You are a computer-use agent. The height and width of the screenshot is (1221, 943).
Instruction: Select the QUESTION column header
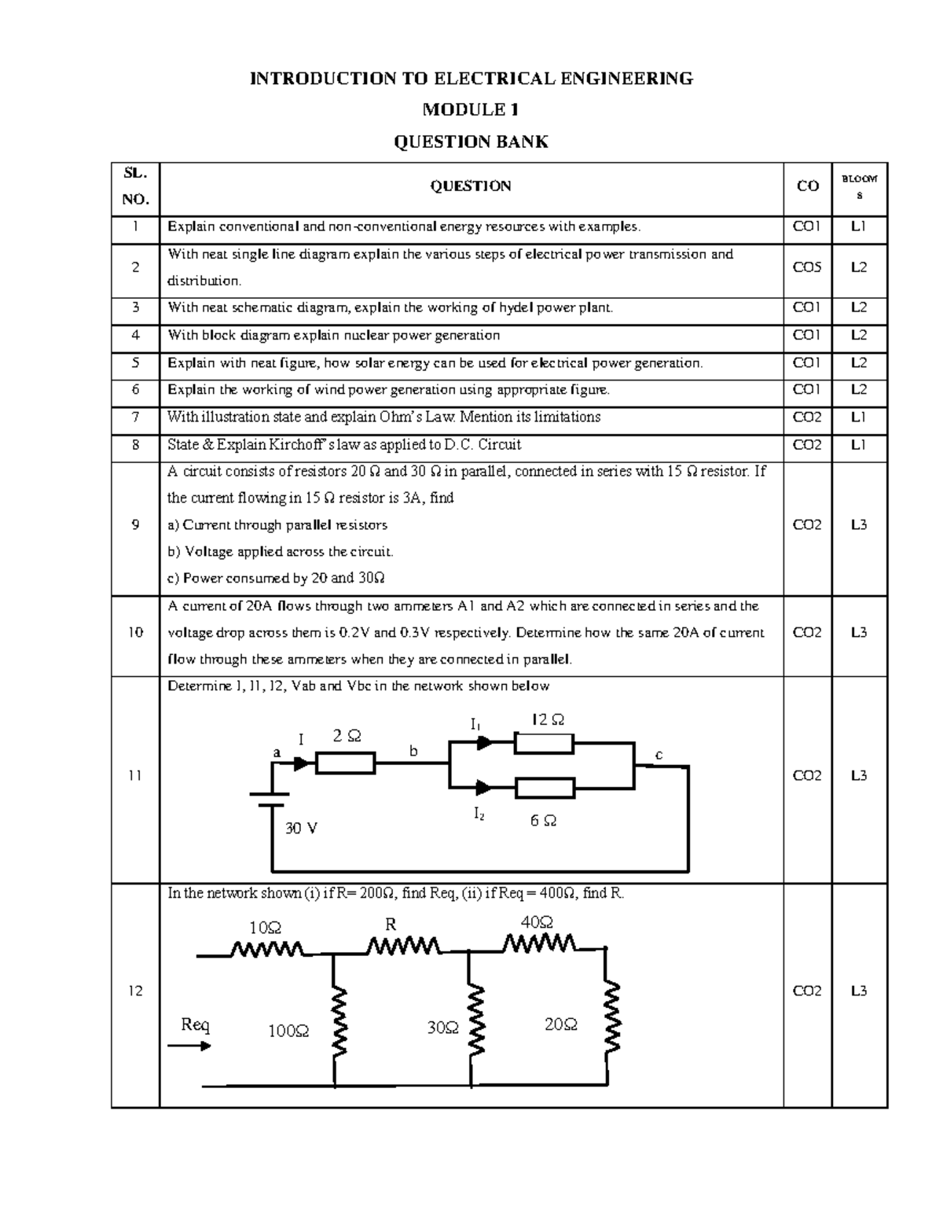coord(471,186)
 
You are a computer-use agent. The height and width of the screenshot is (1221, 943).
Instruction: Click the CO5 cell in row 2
coord(807,267)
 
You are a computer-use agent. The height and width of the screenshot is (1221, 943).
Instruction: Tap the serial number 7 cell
coord(135,417)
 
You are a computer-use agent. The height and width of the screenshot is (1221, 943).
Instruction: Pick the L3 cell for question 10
coord(859,633)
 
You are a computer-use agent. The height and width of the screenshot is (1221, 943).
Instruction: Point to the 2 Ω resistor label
coord(347,737)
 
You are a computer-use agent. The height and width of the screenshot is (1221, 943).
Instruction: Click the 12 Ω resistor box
coord(544,743)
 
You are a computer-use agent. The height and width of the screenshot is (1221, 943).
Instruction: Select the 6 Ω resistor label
coord(543,821)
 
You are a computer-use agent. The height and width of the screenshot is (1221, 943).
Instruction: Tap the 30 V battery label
coord(301,828)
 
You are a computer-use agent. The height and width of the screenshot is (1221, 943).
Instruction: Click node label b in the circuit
coord(413,752)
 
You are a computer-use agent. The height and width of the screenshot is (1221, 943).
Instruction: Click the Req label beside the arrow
coord(196,1024)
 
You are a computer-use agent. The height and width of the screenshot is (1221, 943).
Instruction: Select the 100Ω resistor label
coord(288,1031)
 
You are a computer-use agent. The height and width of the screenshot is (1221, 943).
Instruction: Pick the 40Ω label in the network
coord(537,921)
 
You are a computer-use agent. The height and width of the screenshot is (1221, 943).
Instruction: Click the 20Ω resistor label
coord(561,1024)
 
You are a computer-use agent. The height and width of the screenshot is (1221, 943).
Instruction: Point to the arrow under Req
coord(189,1046)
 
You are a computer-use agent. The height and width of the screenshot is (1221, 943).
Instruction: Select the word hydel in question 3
coord(517,308)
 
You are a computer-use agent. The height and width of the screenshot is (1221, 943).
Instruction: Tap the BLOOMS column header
coord(859,186)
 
